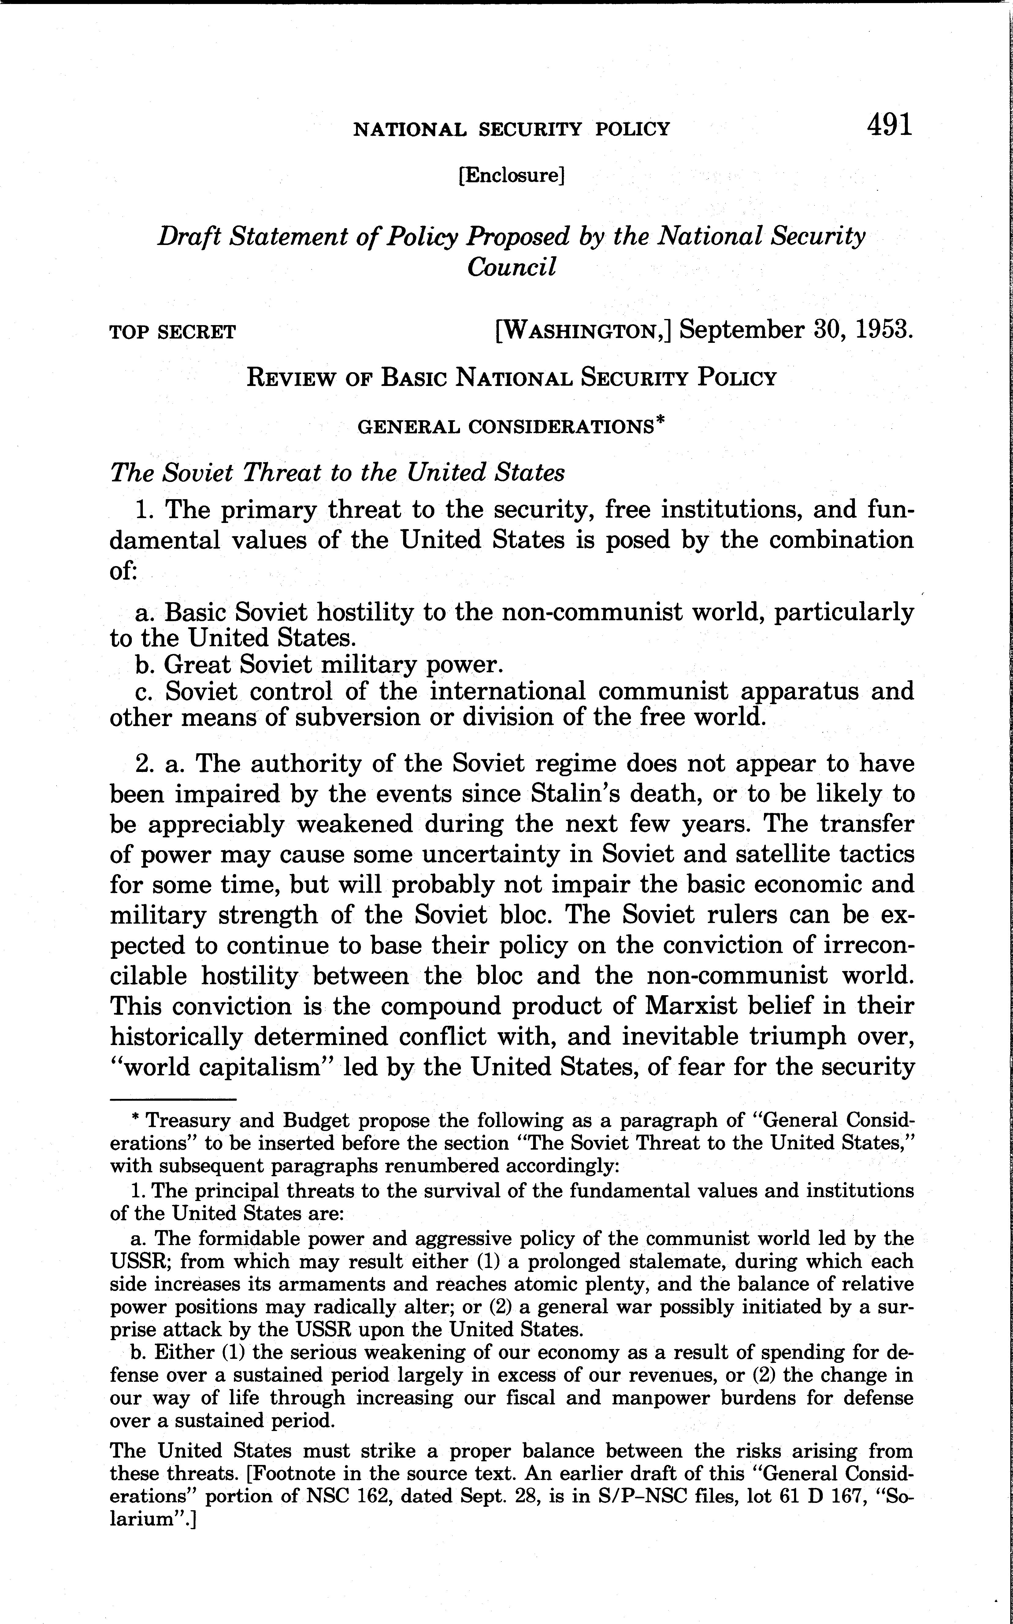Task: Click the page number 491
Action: pyautogui.click(x=889, y=125)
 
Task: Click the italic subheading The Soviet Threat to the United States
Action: pyautogui.click(x=337, y=473)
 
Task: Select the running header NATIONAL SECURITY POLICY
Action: pyautogui.click(x=511, y=129)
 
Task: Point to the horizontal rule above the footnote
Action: pyautogui.click(x=173, y=1099)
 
